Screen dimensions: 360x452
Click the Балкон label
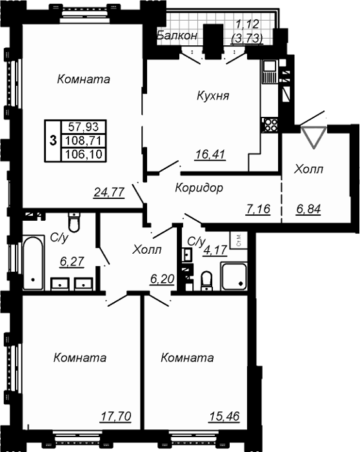(177, 36)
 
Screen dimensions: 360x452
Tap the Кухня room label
(213, 96)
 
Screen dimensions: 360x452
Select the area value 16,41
(210, 154)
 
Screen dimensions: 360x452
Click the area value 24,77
(109, 192)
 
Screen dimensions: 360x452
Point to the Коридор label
(199, 188)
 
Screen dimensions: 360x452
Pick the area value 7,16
(258, 209)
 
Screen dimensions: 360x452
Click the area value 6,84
(308, 209)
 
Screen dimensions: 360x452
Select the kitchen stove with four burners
(270, 125)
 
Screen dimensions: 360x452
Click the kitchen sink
(270, 71)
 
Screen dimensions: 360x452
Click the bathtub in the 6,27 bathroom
(34, 263)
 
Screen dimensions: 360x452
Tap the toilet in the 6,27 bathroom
(74, 222)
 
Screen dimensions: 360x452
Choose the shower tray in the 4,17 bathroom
(234, 276)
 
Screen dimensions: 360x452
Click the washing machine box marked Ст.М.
(239, 240)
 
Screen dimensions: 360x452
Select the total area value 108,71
(83, 141)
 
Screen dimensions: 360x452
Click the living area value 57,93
(83, 127)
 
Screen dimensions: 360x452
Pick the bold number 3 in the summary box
(53, 141)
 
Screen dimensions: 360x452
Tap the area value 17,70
(115, 416)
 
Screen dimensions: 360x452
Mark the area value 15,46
(225, 416)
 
